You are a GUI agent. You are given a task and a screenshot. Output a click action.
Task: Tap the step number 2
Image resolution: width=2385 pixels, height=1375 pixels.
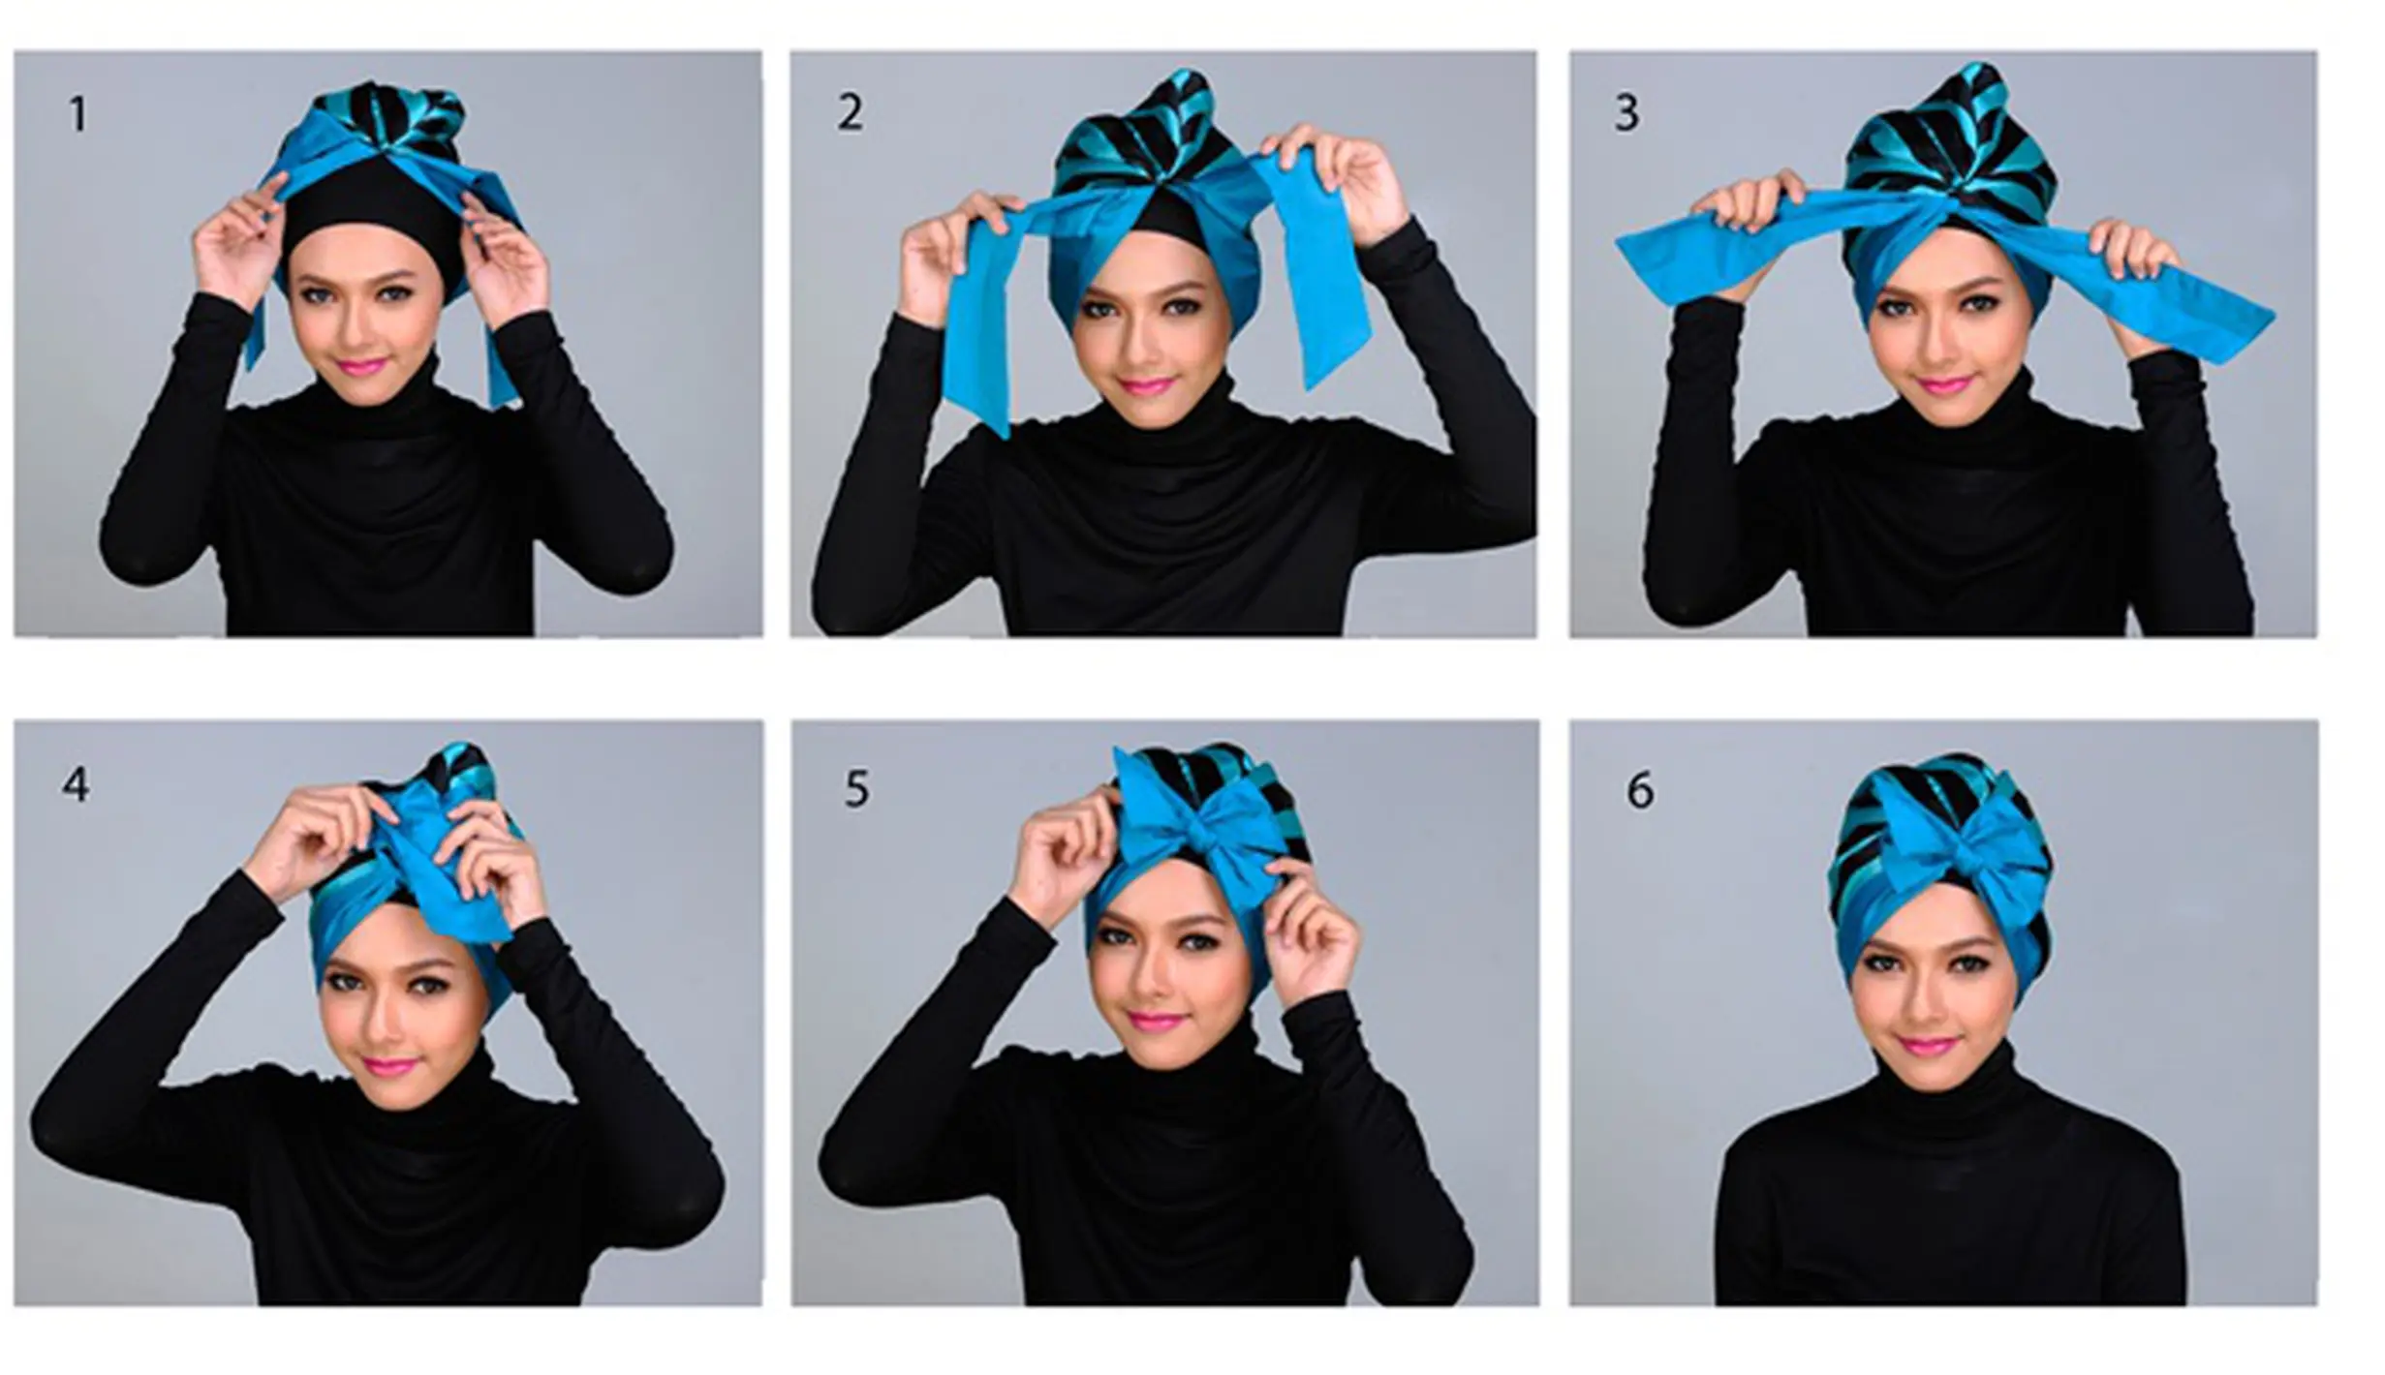pyautogui.click(x=850, y=113)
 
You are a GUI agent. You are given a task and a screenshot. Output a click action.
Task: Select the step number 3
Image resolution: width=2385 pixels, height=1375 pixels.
pyautogui.click(x=1627, y=114)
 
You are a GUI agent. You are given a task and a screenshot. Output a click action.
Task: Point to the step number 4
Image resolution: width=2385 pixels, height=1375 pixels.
pyautogui.click(x=76, y=785)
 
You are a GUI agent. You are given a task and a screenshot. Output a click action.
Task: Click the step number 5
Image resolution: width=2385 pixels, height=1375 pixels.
pyautogui.click(x=856, y=789)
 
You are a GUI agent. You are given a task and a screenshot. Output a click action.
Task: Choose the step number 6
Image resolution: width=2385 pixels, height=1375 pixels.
pyautogui.click(x=1639, y=792)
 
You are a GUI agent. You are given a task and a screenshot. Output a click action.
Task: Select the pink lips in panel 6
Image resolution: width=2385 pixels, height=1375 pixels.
pyautogui.click(x=1924, y=1048)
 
